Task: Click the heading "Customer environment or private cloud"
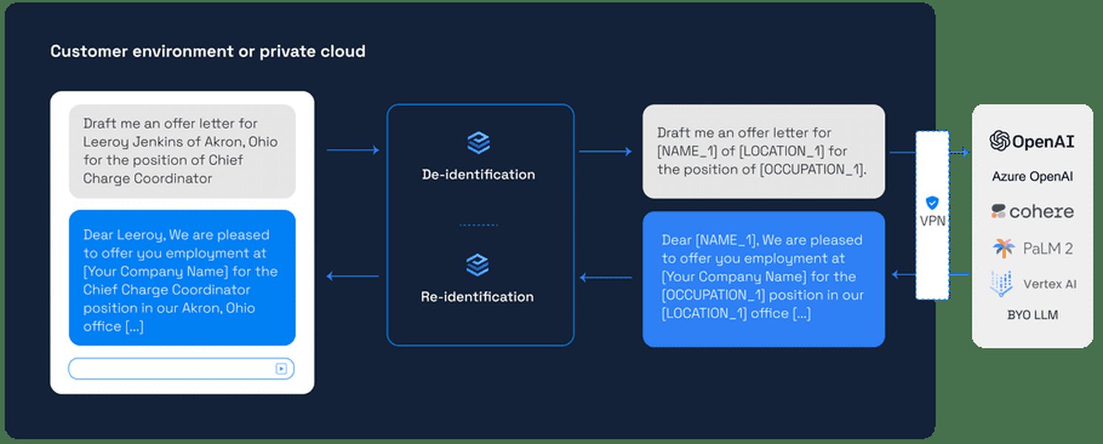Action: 207,52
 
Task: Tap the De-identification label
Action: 478,175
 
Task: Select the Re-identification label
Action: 477,297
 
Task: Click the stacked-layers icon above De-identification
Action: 479,143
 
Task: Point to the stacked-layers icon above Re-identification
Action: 479,265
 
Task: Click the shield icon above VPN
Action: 931,202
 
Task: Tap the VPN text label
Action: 931,221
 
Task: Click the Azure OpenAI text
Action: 1032,177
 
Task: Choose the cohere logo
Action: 1032,212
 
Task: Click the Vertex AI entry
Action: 1032,283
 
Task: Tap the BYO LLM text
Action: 1032,315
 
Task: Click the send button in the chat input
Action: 281,369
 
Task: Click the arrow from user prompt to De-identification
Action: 352,150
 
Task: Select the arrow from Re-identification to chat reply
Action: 352,277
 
